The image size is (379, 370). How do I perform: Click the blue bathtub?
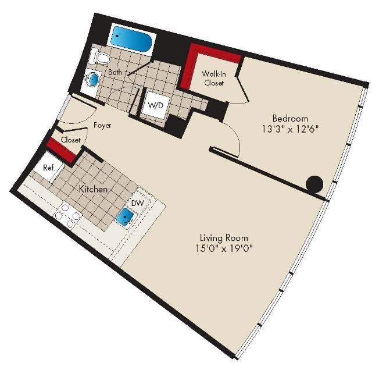(131, 40)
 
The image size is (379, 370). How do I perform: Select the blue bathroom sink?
(93, 79)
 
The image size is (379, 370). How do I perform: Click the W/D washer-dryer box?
(155, 106)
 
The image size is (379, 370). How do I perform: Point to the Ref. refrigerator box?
(49, 168)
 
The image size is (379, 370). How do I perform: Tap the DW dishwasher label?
(138, 203)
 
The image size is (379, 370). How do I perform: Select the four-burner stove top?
(67, 215)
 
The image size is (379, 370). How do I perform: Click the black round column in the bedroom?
(314, 184)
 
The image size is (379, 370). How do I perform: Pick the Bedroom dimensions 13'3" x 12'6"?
(290, 129)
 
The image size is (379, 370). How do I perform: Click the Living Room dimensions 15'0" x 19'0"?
(224, 248)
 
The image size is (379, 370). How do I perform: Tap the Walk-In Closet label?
(214, 78)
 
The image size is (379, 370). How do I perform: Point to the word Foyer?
(102, 125)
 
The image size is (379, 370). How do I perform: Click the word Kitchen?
(93, 189)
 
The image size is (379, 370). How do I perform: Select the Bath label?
(115, 72)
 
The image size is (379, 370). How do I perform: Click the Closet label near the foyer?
(70, 140)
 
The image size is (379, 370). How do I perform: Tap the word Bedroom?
(290, 119)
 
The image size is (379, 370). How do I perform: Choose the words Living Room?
(224, 238)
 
